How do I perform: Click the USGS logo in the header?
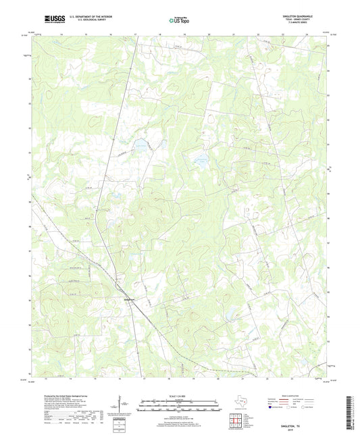click(x=51, y=19)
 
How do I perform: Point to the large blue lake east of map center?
click(x=201, y=160)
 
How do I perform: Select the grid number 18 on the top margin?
click(x=160, y=33)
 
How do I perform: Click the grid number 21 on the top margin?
click(x=234, y=33)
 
